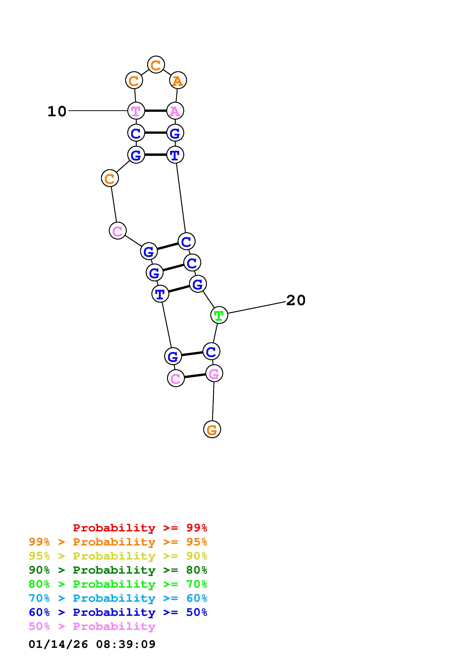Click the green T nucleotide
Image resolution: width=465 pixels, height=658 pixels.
click(219, 315)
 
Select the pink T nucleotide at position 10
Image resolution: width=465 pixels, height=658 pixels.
click(136, 111)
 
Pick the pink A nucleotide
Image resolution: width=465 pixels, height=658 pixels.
click(175, 111)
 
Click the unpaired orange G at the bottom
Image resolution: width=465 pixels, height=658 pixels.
click(212, 429)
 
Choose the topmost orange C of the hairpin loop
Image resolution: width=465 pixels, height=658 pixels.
click(156, 65)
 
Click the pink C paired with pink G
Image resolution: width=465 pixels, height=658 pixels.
click(176, 378)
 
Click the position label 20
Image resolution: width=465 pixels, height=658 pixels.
click(296, 300)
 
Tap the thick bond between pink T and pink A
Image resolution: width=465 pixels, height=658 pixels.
click(155, 111)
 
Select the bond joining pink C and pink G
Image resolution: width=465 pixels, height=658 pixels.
click(195, 376)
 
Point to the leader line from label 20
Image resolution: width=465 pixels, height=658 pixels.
click(256, 307)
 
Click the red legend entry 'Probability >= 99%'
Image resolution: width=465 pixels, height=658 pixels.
click(140, 528)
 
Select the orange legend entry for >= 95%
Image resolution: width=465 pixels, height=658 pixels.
click(118, 542)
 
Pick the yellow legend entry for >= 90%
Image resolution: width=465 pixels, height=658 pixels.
click(118, 556)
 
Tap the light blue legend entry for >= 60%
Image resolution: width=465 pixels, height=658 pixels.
click(118, 598)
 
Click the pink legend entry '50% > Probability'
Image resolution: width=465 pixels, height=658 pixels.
click(92, 626)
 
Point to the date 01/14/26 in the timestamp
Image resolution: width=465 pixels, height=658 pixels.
click(58, 644)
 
